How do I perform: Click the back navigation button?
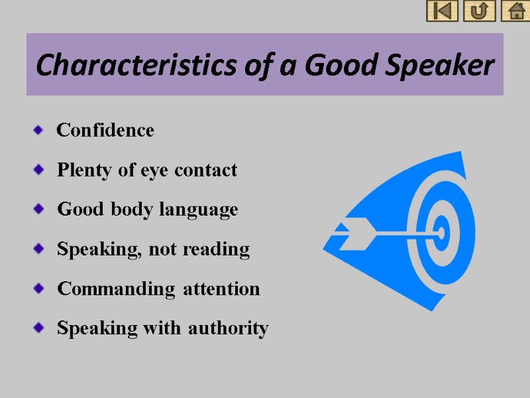442,11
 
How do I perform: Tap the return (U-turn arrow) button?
479,11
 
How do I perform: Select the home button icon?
515,11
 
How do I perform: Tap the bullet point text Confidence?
105,130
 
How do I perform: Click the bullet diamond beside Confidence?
38,130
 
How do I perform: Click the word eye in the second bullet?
156,170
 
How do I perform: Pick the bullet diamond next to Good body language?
38,210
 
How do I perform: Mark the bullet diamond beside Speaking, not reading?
38,250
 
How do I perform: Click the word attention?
222,289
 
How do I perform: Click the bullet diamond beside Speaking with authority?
38,328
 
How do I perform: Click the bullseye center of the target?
440,232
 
